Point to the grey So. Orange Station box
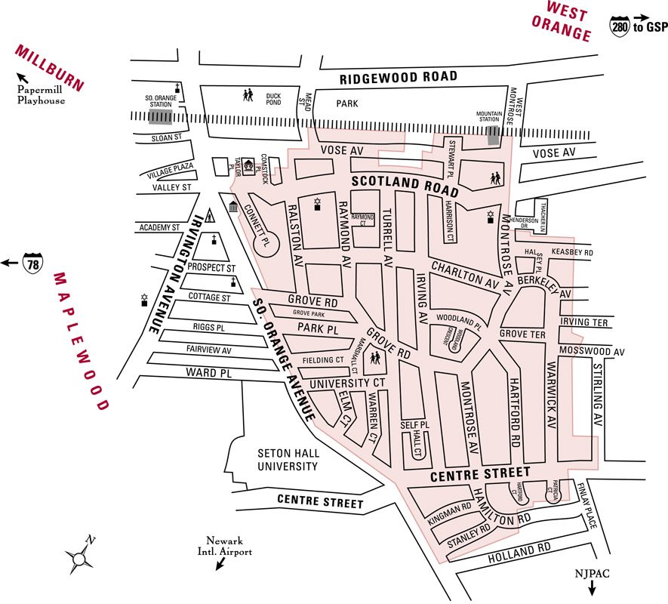click(159, 116)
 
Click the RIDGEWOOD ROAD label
click(398, 77)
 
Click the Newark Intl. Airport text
click(229, 546)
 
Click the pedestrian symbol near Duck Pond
click(248, 95)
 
